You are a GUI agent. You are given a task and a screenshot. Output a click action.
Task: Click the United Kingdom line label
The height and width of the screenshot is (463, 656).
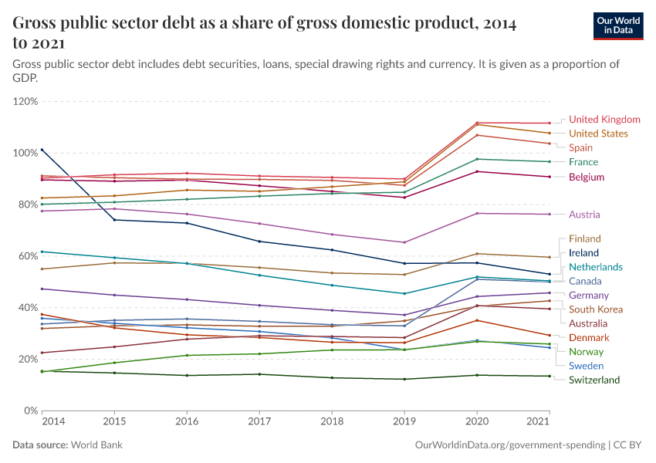(604, 120)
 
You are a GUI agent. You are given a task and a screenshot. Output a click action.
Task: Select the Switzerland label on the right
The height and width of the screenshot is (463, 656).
(594, 380)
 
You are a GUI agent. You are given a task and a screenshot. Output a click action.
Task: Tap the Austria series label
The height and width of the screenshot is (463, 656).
(584, 215)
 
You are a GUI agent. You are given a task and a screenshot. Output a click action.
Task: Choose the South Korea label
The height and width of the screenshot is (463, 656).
(595, 309)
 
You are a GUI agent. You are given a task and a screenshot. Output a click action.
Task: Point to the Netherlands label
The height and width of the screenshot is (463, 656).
(595, 267)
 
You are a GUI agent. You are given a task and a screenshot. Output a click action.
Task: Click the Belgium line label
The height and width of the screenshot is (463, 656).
(586, 177)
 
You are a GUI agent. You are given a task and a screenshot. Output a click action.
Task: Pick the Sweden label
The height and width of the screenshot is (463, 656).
(586, 366)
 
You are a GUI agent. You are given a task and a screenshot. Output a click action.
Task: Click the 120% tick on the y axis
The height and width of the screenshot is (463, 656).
(25, 101)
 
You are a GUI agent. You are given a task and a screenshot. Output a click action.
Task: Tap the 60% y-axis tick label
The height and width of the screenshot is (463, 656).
(28, 256)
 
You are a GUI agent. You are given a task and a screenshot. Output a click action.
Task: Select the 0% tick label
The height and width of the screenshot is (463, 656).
(31, 411)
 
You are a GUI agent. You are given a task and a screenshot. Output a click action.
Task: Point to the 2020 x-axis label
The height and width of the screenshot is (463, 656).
(477, 421)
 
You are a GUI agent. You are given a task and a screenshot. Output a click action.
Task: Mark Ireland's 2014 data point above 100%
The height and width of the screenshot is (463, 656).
(42, 150)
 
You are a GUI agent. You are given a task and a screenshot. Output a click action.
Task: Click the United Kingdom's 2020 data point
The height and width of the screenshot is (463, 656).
(477, 123)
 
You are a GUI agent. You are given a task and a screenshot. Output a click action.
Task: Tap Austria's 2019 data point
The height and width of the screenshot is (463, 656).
(404, 242)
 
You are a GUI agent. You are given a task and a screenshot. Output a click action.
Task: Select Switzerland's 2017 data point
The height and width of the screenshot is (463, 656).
(259, 374)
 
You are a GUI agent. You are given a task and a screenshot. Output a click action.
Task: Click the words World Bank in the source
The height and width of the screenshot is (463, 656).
(96, 445)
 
